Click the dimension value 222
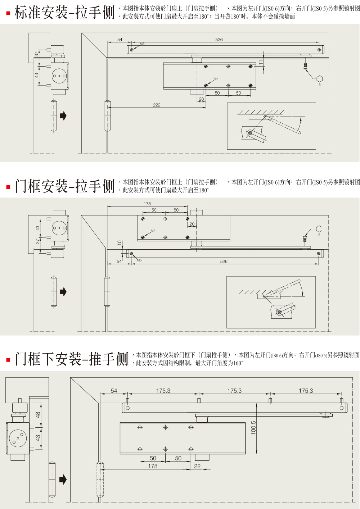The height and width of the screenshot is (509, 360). click(157, 105)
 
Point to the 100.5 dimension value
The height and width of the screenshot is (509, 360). click(253, 428)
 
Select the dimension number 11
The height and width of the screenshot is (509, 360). click(261, 62)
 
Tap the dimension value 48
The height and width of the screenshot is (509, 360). click(38, 415)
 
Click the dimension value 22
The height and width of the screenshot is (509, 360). click(197, 466)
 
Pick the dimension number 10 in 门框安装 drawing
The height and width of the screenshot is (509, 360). click(120, 243)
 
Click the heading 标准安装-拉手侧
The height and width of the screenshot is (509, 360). click(64, 13)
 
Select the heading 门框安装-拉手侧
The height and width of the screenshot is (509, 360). click(64, 186)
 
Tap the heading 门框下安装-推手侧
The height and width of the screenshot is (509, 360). click(71, 359)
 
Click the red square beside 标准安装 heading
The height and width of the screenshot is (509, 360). click(8, 14)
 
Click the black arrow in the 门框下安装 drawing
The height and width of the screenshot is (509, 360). click(63, 479)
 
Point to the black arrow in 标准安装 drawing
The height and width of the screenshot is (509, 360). click(63, 116)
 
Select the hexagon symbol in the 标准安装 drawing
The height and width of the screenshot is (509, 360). click(319, 79)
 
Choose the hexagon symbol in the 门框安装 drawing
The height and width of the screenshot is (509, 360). click(319, 229)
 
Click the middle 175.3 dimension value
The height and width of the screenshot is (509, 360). click(234, 391)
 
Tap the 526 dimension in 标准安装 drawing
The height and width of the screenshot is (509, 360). click(219, 40)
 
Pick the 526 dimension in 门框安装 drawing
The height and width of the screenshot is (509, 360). click(224, 262)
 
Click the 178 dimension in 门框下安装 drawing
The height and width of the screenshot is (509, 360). click(153, 466)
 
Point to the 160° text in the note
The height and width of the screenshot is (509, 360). click(237, 363)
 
